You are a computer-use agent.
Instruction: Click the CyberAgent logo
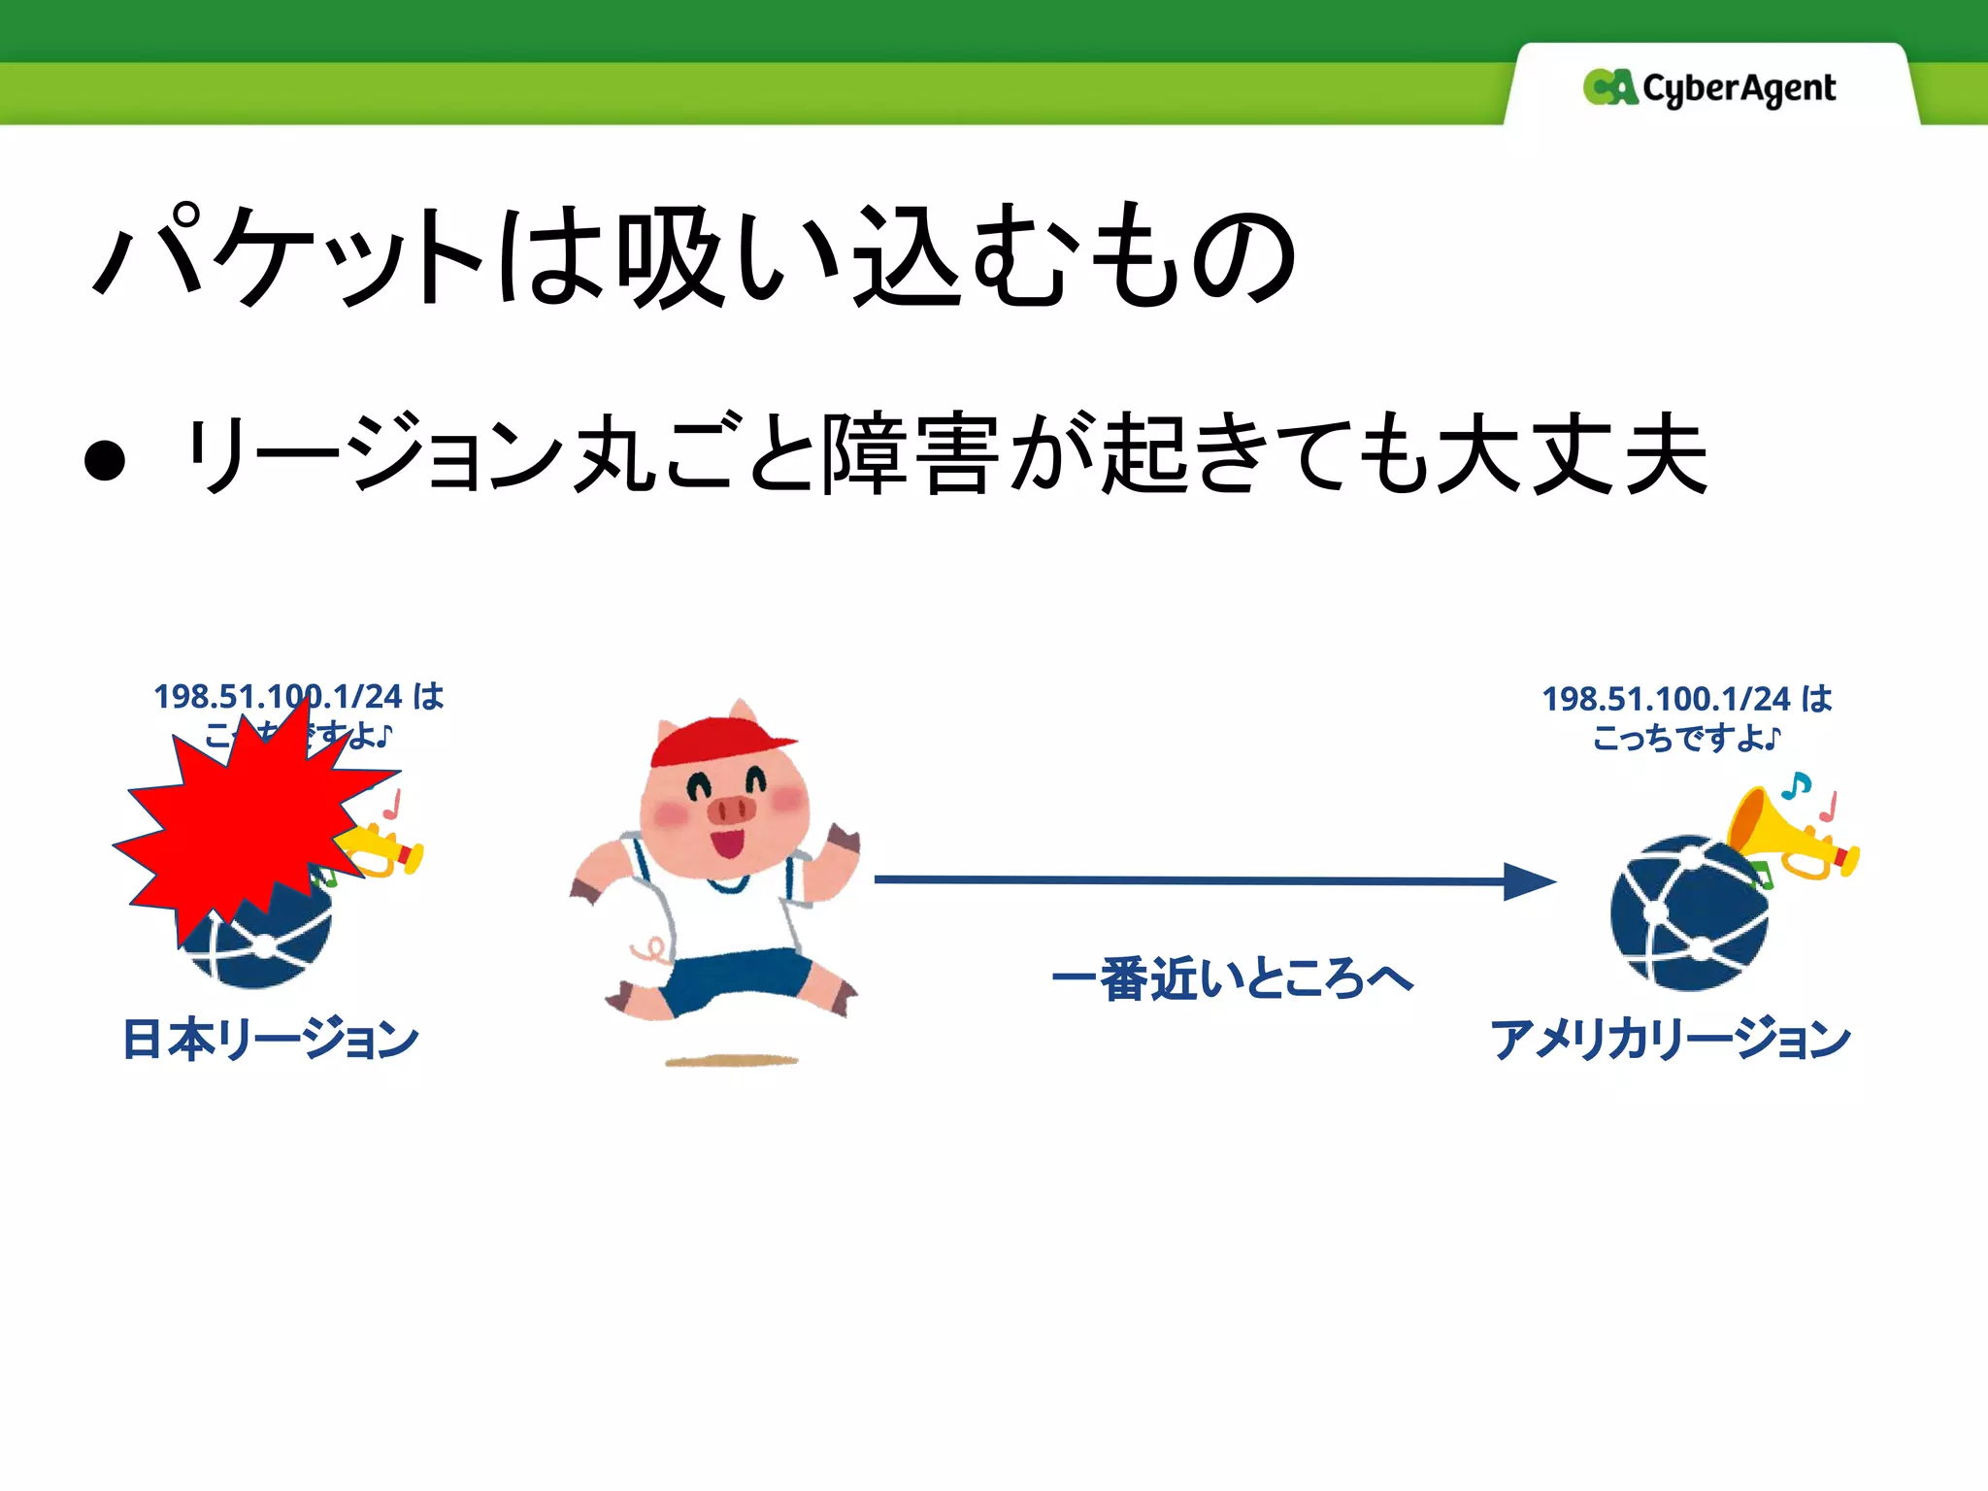click(x=1709, y=88)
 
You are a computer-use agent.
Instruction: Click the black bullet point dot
click(x=105, y=459)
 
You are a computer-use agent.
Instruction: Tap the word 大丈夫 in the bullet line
click(x=1574, y=454)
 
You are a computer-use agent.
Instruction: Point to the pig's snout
click(x=730, y=809)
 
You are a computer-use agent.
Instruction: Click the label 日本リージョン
click(x=270, y=1040)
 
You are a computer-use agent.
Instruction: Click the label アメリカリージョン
click(x=1671, y=1040)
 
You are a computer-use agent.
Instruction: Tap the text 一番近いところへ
click(x=1232, y=978)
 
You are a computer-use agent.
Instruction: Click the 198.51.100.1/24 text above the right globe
click(x=1666, y=699)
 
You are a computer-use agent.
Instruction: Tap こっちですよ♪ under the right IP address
click(x=1687, y=739)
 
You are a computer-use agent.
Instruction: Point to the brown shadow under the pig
click(x=731, y=1061)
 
